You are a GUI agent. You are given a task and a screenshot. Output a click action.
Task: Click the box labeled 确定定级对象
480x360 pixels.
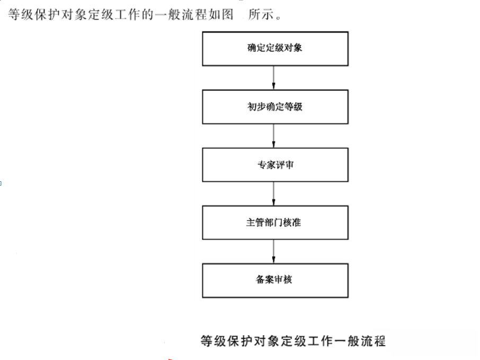275,49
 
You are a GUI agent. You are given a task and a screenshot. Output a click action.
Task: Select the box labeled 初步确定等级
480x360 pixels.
275,107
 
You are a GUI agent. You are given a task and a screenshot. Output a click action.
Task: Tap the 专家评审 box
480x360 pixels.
275,165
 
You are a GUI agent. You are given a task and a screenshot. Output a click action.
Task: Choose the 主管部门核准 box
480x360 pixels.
275,223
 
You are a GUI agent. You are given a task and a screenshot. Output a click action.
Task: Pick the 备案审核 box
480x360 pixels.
275,280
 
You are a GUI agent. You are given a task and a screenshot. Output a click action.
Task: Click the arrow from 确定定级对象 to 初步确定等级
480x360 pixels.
273,78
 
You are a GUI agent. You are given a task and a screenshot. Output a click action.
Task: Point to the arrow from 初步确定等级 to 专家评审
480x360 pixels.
273,136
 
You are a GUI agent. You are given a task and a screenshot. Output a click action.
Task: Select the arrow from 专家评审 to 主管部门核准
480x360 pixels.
273,194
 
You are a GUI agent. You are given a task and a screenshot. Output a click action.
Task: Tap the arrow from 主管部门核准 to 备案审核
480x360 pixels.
273,251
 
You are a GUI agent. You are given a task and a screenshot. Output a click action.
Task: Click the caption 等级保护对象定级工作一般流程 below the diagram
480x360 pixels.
293,341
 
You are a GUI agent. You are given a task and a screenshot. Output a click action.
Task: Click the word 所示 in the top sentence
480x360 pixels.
261,14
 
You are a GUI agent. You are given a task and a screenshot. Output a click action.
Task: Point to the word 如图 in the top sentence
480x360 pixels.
221,14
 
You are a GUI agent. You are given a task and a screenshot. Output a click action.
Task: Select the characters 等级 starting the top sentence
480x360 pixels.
21,14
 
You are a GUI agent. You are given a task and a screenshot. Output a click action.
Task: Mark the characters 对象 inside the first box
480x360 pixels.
294,48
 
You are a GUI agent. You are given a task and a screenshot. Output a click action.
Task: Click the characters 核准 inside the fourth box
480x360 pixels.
292,222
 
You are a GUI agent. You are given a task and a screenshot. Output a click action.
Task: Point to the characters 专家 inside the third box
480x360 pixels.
266,165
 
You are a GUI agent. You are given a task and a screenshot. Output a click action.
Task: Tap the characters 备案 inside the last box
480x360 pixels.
264,279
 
